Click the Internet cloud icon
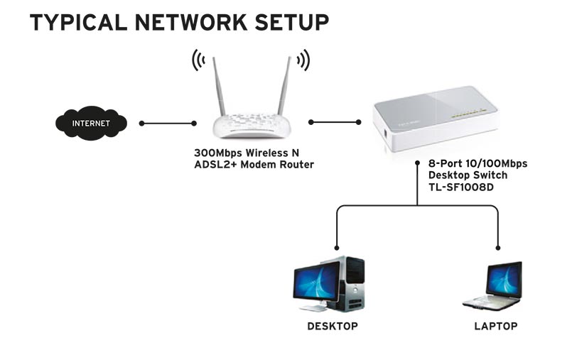(x=92, y=123)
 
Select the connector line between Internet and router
(x=168, y=124)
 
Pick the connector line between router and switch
(x=335, y=122)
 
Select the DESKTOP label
(x=332, y=327)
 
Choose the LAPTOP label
(x=495, y=327)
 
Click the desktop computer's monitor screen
(x=317, y=283)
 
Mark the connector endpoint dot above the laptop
(x=498, y=249)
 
